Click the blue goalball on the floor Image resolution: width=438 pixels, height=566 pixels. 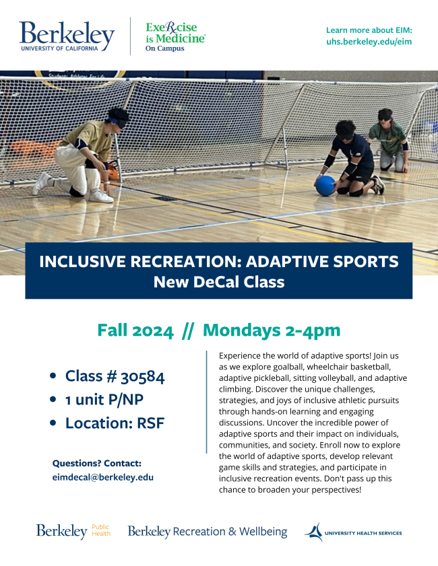[x=325, y=186]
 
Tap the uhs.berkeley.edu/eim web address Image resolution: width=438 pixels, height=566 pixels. [x=369, y=42]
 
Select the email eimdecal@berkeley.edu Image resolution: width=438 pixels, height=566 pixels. [x=103, y=477]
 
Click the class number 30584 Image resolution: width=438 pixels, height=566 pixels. [x=142, y=377]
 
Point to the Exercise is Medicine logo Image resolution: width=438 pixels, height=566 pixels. [x=176, y=36]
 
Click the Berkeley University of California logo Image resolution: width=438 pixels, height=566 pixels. [x=67, y=36]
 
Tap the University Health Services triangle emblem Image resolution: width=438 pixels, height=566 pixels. [x=314, y=532]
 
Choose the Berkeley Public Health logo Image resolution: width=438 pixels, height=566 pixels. [x=73, y=531]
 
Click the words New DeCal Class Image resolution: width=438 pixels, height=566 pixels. [x=219, y=282]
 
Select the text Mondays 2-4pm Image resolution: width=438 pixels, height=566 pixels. [x=272, y=330]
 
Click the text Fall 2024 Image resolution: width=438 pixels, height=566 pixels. [x=135, y=330]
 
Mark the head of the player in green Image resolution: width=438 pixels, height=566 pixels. [x=385, y=116]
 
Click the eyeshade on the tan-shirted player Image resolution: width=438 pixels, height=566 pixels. [x=117, y=122]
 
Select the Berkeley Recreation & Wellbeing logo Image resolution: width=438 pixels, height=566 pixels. [x=208, y=532]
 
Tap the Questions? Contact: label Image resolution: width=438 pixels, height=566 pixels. [x=97, y=463]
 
